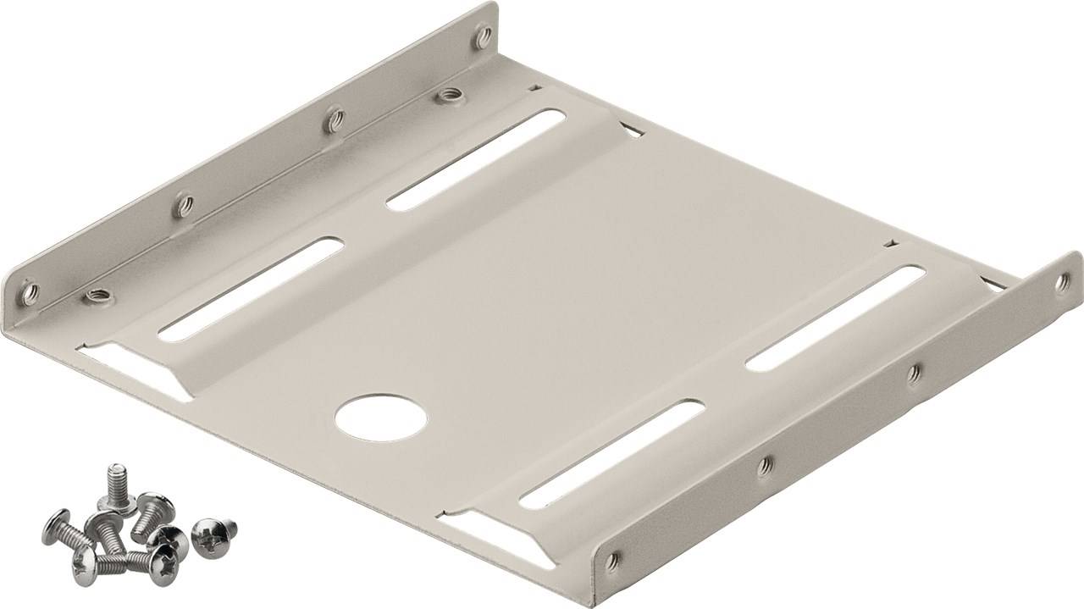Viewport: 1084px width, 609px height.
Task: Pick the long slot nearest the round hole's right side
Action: [611, 454]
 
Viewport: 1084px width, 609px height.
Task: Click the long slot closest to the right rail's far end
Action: [835, 317]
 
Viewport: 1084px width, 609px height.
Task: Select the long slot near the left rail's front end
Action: [251, 289]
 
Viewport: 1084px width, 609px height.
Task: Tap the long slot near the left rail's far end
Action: [476, 158]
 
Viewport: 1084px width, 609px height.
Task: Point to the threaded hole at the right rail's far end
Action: [1062, 283]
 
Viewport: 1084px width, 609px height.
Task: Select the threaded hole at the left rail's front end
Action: [30, 293]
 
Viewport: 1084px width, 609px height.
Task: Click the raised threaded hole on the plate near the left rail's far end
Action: [447, 95]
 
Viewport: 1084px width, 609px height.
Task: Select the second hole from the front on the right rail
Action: [765, 464]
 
